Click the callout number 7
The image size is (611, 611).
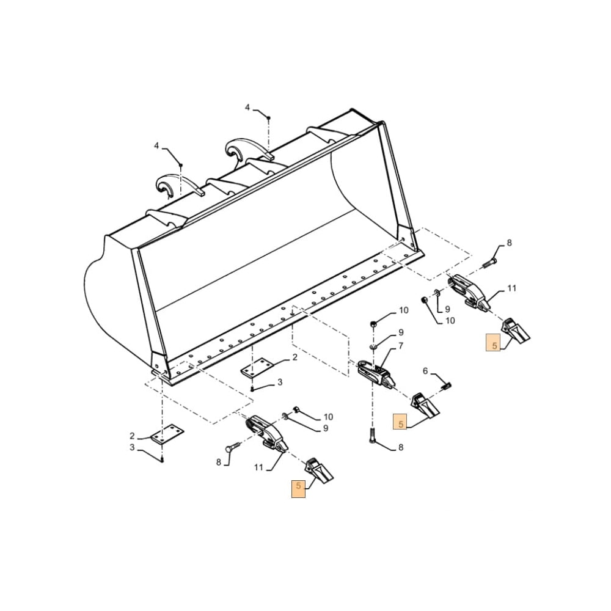(x=401, y=346)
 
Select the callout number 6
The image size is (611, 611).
(x=426, y=371)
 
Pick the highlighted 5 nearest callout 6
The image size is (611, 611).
(x=400, y=423)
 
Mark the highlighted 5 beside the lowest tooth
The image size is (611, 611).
(x=298, y=486)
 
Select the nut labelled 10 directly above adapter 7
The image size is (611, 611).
(x=374, y=322)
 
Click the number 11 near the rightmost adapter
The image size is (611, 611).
(x=512, y=288)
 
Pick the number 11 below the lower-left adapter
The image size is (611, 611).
(x=258, y=467)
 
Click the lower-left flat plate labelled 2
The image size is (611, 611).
(x=167, y=434)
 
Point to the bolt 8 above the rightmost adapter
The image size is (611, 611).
(x=489, y=263)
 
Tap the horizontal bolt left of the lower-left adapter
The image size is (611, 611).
(x=233, y=448)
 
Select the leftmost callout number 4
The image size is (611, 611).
(x=156, y=145)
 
